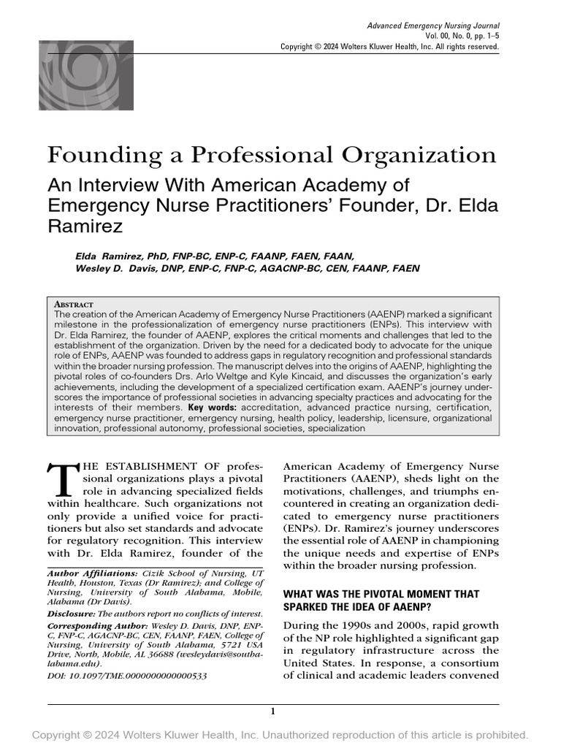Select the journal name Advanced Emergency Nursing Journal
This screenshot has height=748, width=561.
click(x=433, y=26)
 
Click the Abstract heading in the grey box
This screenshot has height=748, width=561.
click(x=74, y=303)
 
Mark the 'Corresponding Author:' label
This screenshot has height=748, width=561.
click(x=97, y=627)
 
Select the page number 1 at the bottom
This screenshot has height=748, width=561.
click(x=272, y=711)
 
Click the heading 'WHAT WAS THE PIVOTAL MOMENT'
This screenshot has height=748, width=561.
click(x=380, y=595)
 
